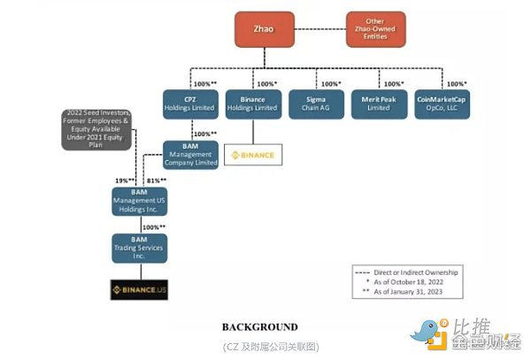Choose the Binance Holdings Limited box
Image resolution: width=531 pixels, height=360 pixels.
251,104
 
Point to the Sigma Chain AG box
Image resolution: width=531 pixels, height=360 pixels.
315,104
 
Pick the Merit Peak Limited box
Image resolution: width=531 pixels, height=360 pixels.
378,104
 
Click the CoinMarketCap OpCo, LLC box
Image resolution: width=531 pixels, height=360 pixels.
442,104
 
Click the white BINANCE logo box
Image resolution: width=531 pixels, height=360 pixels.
252,156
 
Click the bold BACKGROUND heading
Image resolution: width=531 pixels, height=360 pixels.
259,326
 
